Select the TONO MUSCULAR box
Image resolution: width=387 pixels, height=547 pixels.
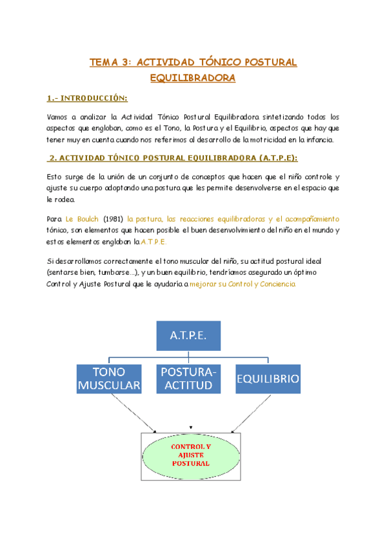[x=109, y=378]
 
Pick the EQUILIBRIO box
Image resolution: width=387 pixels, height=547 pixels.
[x=267, y=378]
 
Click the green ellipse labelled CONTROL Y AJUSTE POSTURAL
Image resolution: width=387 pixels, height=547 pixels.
[x=190, y=454]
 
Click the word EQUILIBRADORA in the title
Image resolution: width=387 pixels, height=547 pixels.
[x=192, y=78]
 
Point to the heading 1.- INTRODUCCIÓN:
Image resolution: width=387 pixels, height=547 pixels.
[x=87, y=99]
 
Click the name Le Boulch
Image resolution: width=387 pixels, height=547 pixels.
[x=82, y=219]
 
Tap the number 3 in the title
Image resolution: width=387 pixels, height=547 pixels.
[x=126, y=63]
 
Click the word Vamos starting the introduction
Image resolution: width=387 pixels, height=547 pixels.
[x=57, y=117]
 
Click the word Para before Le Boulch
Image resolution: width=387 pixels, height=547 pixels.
[x=55, y=219]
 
